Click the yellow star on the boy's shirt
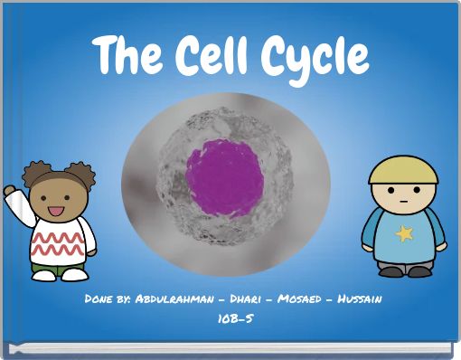tap(404, 233)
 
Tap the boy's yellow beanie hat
tap(403, 169)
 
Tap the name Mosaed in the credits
tap(302, 298)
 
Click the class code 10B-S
tap(231, 318)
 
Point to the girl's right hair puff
tap(80, 173)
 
